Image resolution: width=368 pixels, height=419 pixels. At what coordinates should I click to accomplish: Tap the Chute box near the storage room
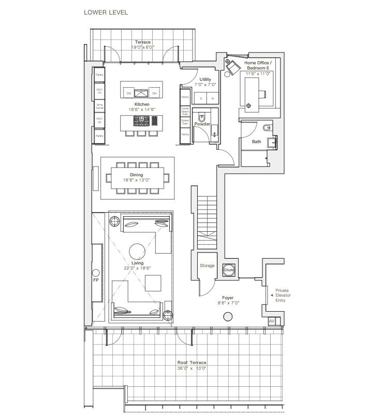pos(229,270)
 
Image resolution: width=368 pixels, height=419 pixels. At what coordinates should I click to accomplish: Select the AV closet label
pos(272,322)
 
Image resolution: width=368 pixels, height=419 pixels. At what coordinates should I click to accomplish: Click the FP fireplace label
pos(96,280)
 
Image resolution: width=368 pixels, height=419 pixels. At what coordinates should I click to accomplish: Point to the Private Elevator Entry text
pos(283,295)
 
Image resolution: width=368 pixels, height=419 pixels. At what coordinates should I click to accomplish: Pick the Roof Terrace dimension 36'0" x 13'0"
pos(192,368)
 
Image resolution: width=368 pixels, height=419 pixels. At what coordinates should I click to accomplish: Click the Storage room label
pos(207,266)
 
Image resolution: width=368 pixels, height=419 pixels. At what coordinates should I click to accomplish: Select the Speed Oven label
pos(185,122)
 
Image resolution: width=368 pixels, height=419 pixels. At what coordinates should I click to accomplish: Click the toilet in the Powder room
pos(202,117)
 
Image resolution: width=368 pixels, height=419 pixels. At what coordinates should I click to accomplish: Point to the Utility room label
pos(205,80)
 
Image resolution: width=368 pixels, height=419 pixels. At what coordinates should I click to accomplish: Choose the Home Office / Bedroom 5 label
pos(257,65)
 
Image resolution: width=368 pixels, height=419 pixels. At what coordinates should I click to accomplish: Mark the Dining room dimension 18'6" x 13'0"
pos(137,180)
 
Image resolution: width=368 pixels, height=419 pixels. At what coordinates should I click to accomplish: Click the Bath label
pos(257,142)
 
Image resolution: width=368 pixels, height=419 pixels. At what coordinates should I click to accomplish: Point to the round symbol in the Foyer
pos(228,316)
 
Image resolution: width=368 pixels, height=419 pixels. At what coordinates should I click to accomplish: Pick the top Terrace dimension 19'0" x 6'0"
pos(143,47)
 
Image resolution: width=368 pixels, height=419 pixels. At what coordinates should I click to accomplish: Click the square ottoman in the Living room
pos(153,283)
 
